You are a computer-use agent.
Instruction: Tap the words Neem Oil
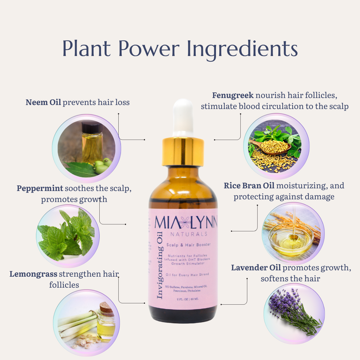43,102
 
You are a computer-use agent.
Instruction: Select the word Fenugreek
233,95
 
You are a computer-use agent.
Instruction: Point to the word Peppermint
40,188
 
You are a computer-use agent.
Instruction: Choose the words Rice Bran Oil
249,186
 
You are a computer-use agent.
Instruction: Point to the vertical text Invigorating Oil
159,265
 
